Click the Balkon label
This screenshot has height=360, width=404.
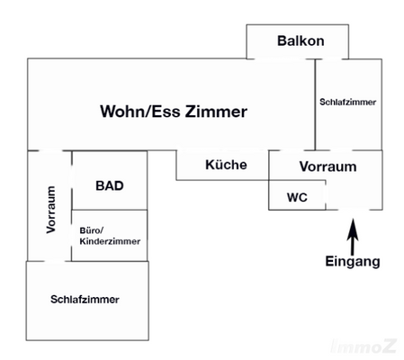[301, 41]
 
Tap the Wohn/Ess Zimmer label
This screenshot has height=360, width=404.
[173, 112]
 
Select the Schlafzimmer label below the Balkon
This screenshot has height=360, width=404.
[348, 103]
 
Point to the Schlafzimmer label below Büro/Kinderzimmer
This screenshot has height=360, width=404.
[85, 299]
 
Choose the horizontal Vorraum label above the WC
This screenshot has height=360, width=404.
[328, 166]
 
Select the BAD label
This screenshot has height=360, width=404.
[109, 186]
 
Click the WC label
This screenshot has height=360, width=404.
[297, 196]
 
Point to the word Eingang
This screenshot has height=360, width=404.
[353, 262]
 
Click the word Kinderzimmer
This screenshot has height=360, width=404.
[110, 242]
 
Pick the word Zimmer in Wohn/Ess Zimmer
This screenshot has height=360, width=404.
[215, 112]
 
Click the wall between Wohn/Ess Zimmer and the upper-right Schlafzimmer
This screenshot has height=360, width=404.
[314, 103]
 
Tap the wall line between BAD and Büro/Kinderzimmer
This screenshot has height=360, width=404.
[108, 210]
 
